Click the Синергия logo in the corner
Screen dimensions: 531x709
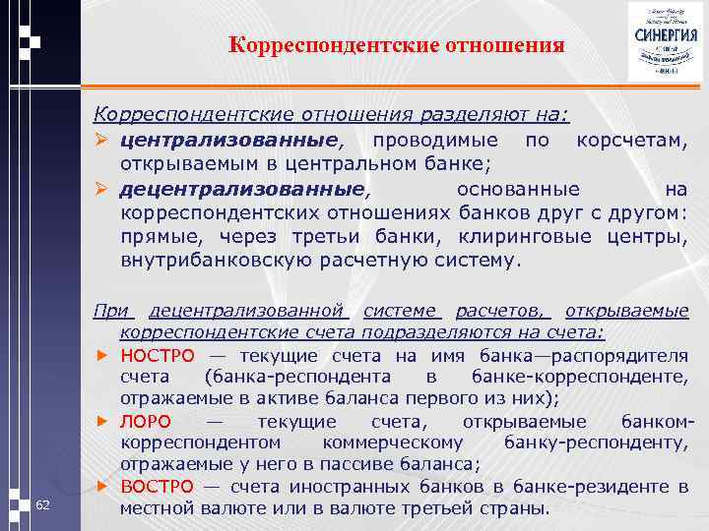coord(666,42)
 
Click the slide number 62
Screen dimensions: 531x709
coord(42,504)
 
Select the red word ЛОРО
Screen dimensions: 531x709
coord(147,421)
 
